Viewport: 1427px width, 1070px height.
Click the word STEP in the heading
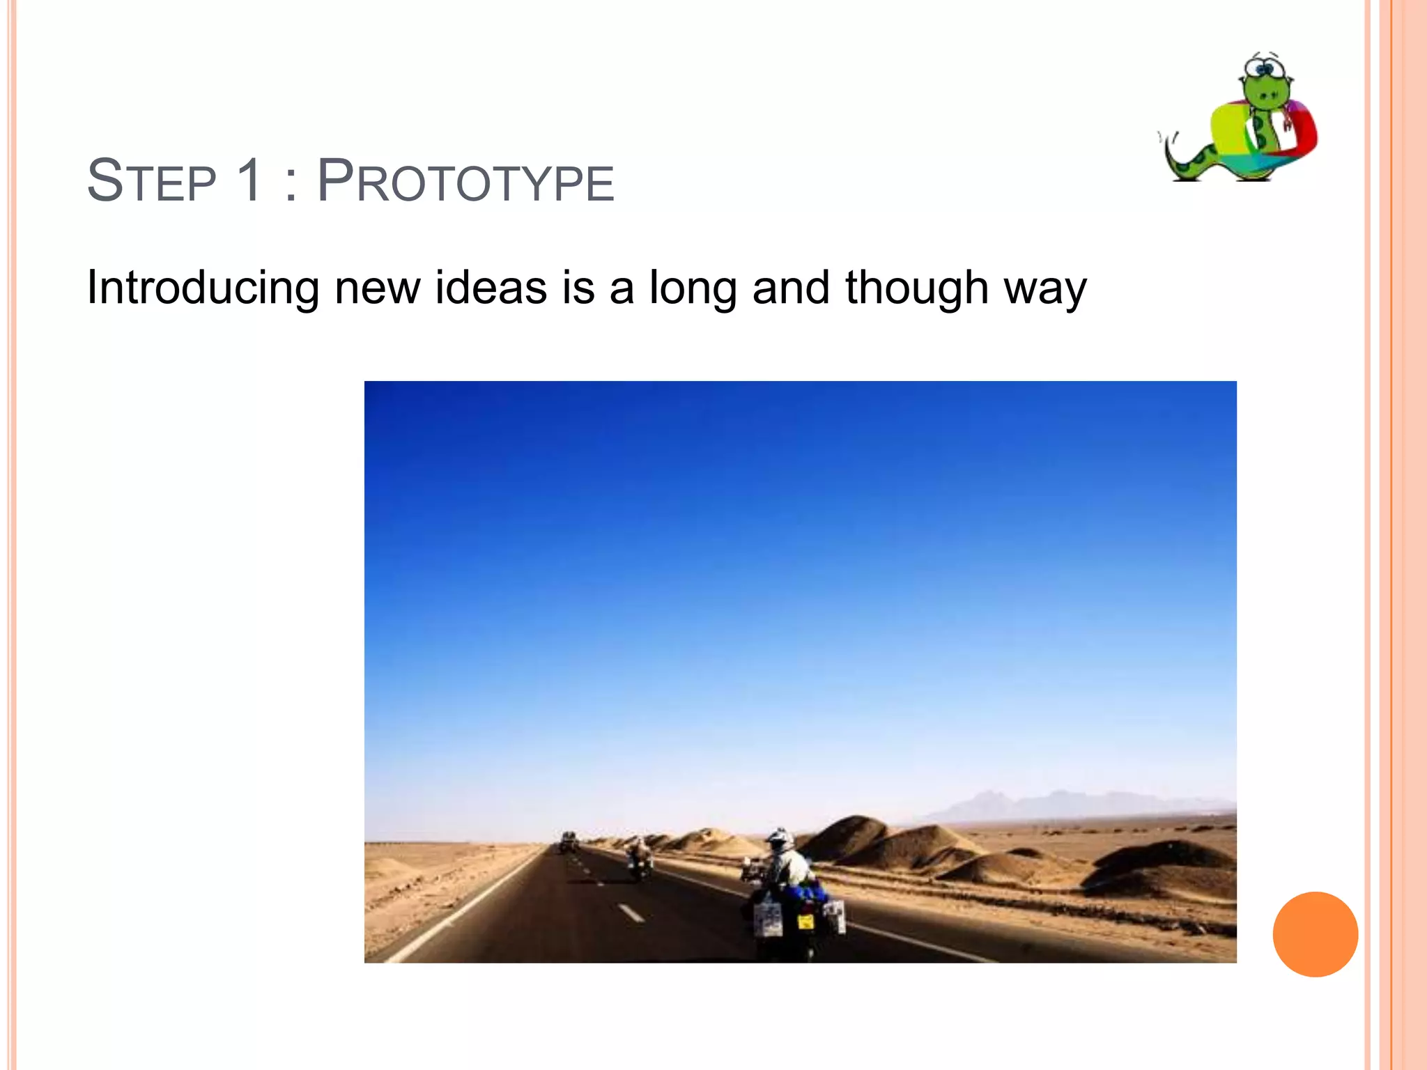point(151,181)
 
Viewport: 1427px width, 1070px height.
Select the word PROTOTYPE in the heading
point(465,181)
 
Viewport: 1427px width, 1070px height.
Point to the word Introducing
point(203,288)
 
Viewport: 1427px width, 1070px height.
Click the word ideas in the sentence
point(491,288)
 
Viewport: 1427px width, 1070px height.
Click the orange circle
point(1315,934)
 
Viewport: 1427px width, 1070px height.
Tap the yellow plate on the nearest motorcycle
point(805,922)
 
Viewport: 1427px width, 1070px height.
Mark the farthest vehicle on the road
point(569,841)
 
